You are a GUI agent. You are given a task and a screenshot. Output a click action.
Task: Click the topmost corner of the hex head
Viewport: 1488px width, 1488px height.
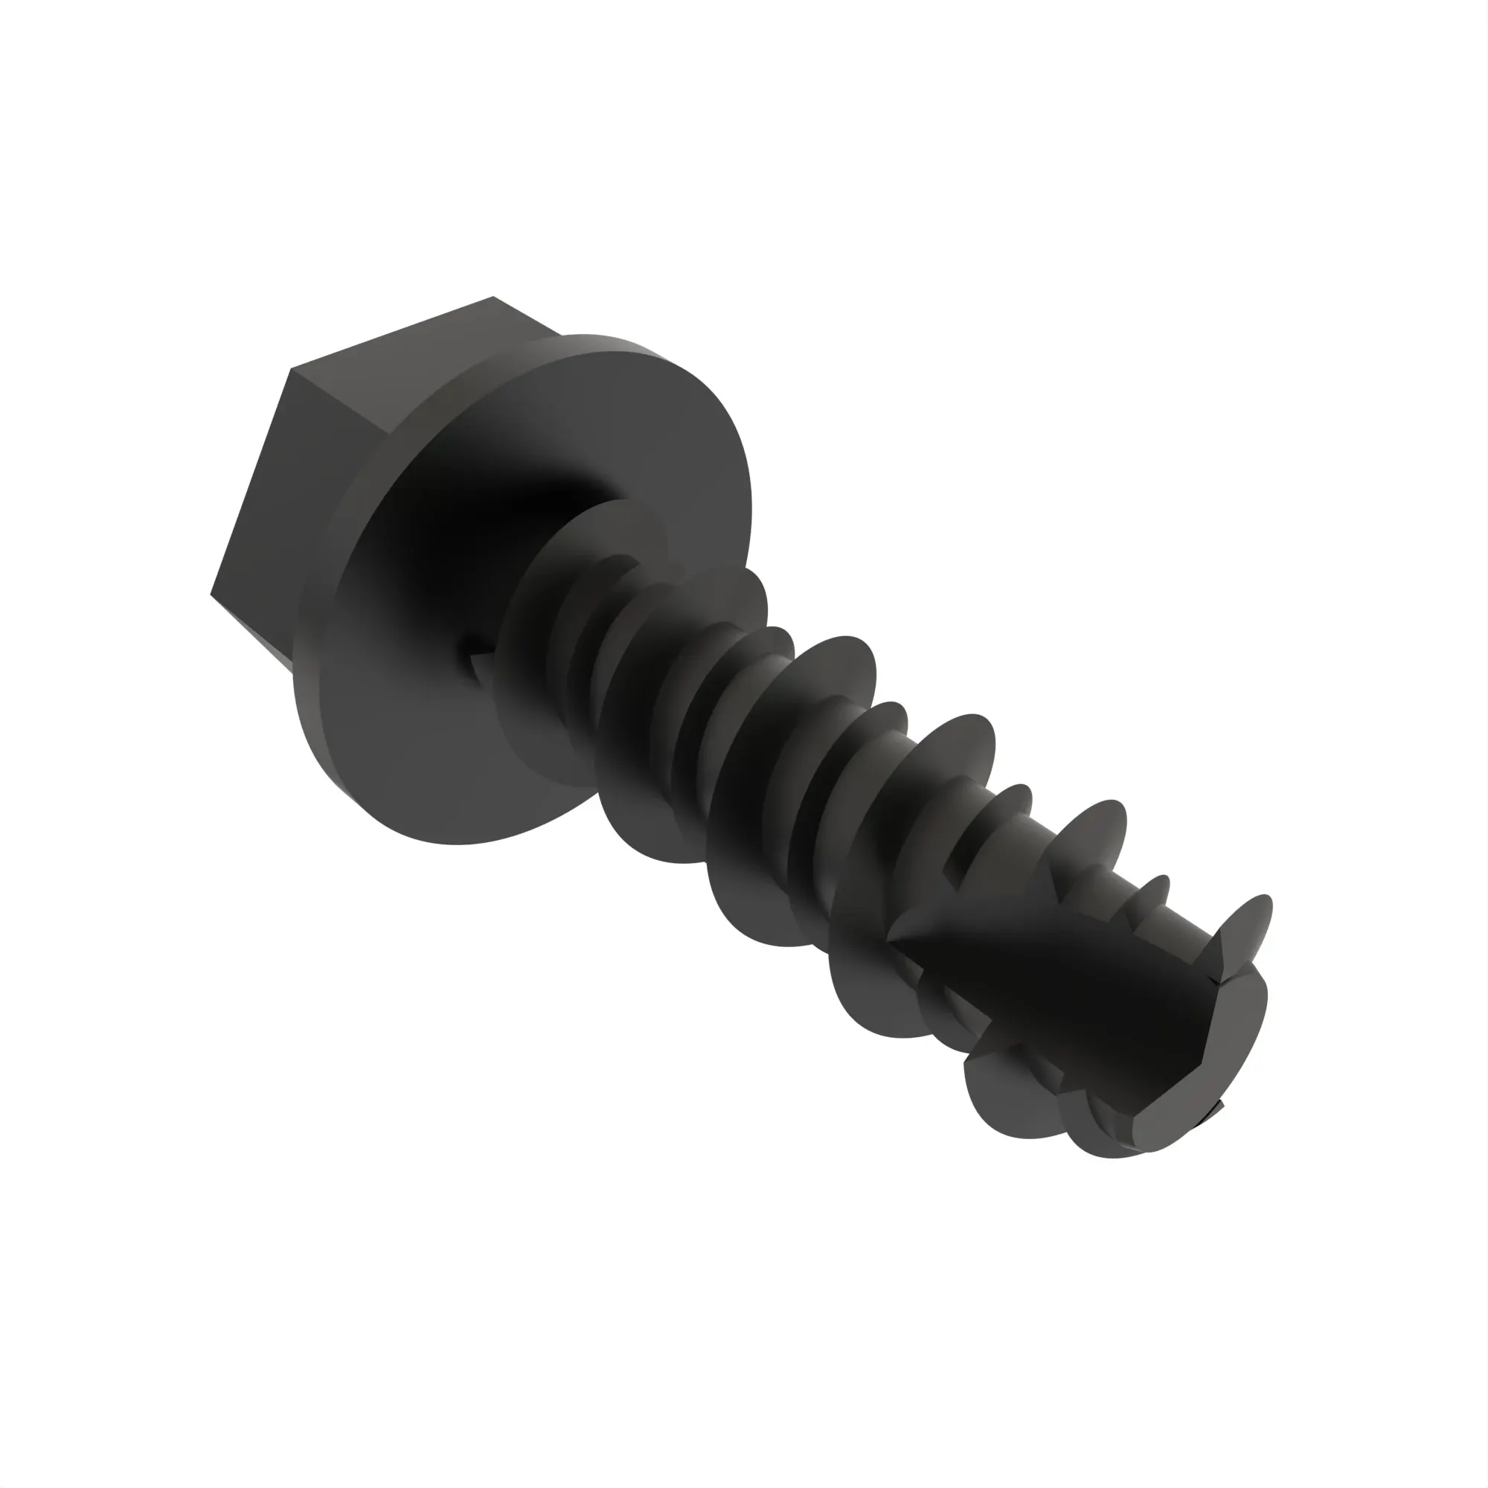[493, 298]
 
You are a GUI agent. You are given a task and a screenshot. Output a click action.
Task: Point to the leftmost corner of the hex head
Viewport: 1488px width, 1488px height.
[212, 593]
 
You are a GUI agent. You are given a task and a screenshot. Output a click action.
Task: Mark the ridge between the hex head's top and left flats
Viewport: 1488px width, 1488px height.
[291, 371]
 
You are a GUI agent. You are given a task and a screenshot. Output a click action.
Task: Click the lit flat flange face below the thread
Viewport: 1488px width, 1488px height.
[400, 770]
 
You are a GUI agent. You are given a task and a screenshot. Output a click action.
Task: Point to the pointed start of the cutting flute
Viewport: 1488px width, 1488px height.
[894, 940]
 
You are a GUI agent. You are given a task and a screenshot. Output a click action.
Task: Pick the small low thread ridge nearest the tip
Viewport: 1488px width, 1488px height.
[1155, 885]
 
